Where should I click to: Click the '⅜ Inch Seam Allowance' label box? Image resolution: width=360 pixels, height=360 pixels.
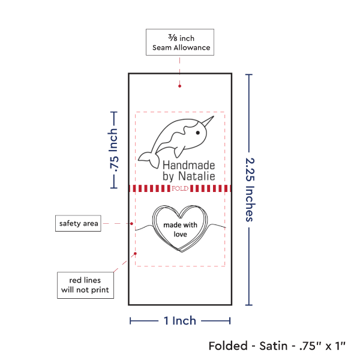point(179,42)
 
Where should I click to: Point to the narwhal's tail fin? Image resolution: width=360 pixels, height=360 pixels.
point(146,158)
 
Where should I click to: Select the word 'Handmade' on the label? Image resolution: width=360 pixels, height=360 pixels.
point(188,164)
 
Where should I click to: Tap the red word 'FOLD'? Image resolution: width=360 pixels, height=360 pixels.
point(180,188)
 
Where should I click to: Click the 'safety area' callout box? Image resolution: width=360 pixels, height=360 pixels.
point(78,224)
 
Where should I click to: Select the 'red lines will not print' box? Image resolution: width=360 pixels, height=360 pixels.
point(85,285)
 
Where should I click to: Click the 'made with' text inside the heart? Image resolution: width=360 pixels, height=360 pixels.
point(181,226)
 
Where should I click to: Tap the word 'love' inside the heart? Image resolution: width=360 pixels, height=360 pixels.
point(181,235)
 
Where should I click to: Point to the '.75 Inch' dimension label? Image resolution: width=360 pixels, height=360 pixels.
point(113,150)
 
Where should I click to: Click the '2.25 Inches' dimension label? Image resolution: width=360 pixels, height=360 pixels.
point(250,189)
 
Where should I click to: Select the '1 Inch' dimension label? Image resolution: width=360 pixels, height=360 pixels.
point(180,321)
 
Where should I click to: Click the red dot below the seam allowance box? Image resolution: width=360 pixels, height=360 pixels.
point(180,87)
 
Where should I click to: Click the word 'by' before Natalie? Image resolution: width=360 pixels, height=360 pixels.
point(169,176)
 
